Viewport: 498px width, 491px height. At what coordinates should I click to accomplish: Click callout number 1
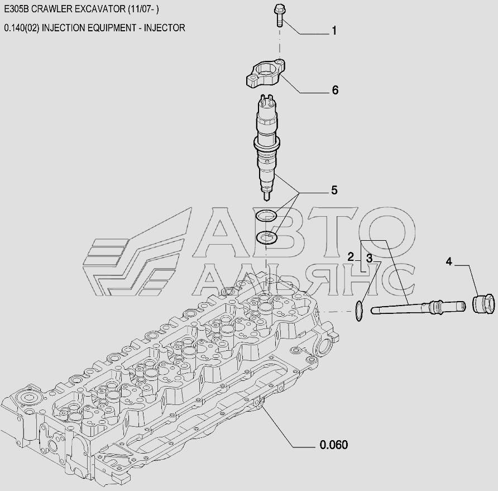click(x=334, y=31)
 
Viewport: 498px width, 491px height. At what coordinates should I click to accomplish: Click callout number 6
click(x=335, y=90)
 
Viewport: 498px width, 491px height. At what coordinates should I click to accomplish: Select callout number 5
click(x=334, y=190)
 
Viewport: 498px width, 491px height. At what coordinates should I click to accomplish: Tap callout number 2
click(x=350, y=257)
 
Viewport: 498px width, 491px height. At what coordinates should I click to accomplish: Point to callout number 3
click(x=369, y=258)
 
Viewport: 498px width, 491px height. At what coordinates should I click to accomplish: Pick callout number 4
click(x=448, y=261)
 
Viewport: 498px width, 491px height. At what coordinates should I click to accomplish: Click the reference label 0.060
click(x=333, y=445)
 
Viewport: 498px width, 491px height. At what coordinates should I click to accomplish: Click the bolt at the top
click(x=279, y=15)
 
